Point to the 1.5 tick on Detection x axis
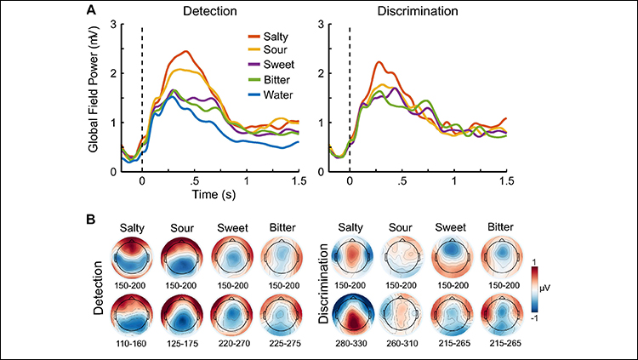coord(298,181)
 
